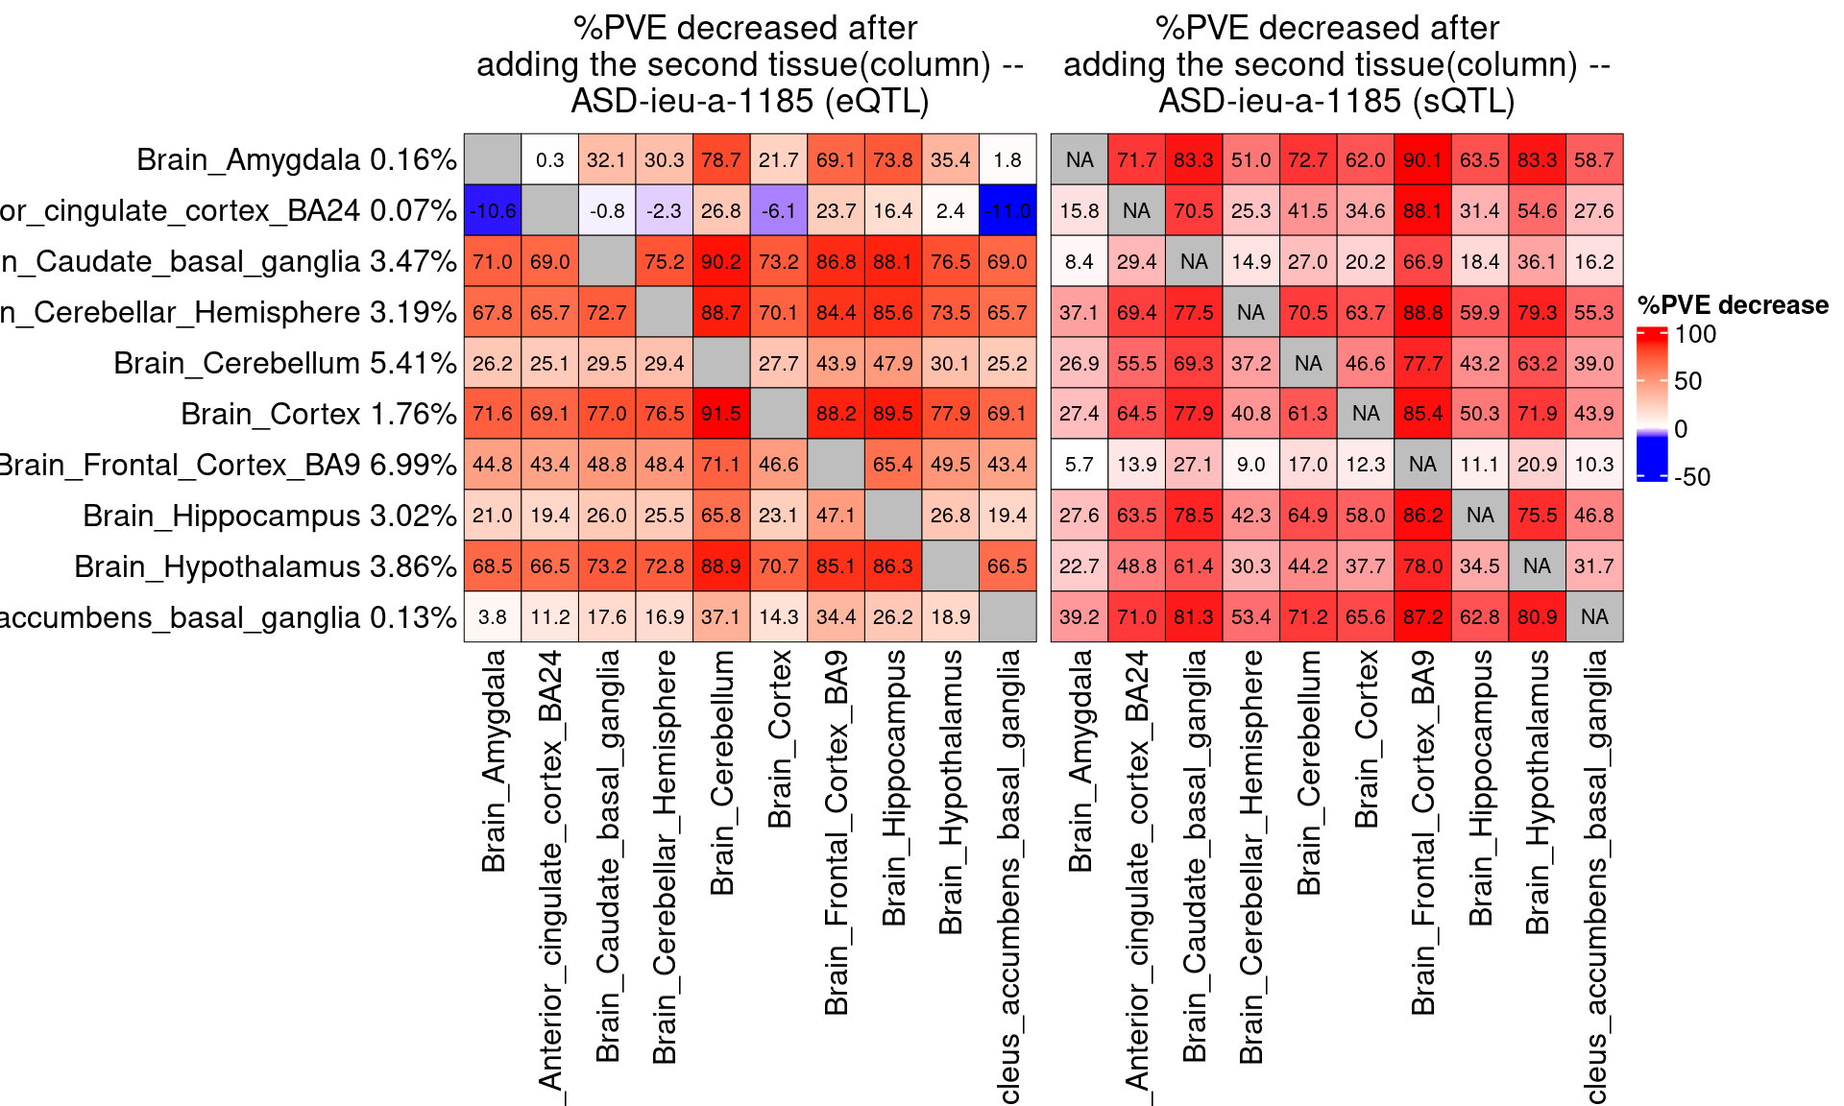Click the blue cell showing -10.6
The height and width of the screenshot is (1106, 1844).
(x=493, y=210)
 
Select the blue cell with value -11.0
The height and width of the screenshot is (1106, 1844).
(x=1007, y=210)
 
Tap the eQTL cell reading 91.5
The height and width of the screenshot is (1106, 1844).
(x=721, y=414)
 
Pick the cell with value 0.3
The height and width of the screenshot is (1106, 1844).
(x=550, y=159)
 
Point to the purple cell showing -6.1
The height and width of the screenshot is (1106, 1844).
(x=779, y=210)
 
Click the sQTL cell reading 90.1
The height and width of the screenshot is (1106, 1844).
(x=1422, y=159)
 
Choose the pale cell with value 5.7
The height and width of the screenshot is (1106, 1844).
(x=1080, y=465)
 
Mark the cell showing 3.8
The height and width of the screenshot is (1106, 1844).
(x=493, y=616)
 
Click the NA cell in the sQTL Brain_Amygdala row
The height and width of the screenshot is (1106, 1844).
(x=1080, y=159)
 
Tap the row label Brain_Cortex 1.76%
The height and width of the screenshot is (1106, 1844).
(x=318, y=414)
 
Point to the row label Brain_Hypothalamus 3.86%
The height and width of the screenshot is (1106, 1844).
(x=265, y=566)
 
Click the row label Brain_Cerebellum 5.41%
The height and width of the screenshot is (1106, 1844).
(x=284, y=363)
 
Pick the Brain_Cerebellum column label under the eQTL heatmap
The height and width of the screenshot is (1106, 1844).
(x=722, y=773)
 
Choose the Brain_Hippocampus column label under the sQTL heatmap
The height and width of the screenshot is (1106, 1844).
(x=1481, y=787)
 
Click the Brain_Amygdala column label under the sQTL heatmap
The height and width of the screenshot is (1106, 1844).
(x=1080, y=760)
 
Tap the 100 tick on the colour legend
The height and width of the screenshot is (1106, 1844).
(x=1695, y=334)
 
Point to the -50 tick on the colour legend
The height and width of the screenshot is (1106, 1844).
(x=1691, y=477)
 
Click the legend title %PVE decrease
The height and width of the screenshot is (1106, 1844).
(x=1733, y=305)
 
